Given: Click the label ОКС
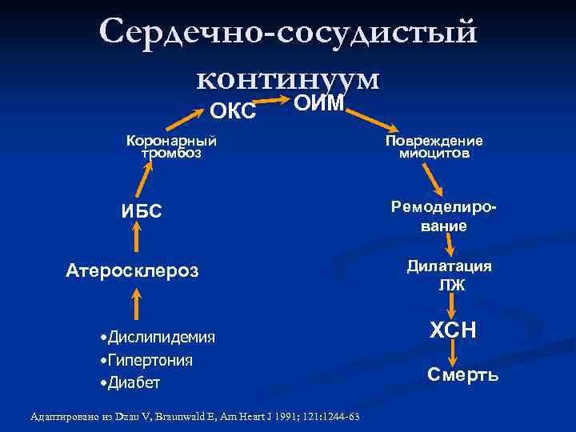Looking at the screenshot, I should click(x=232, y=111).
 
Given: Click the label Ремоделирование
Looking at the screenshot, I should click(x=444, y=215).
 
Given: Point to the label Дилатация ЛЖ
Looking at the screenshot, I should click(x=450, y=275).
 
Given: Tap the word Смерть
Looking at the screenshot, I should click(x=462, y=374).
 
